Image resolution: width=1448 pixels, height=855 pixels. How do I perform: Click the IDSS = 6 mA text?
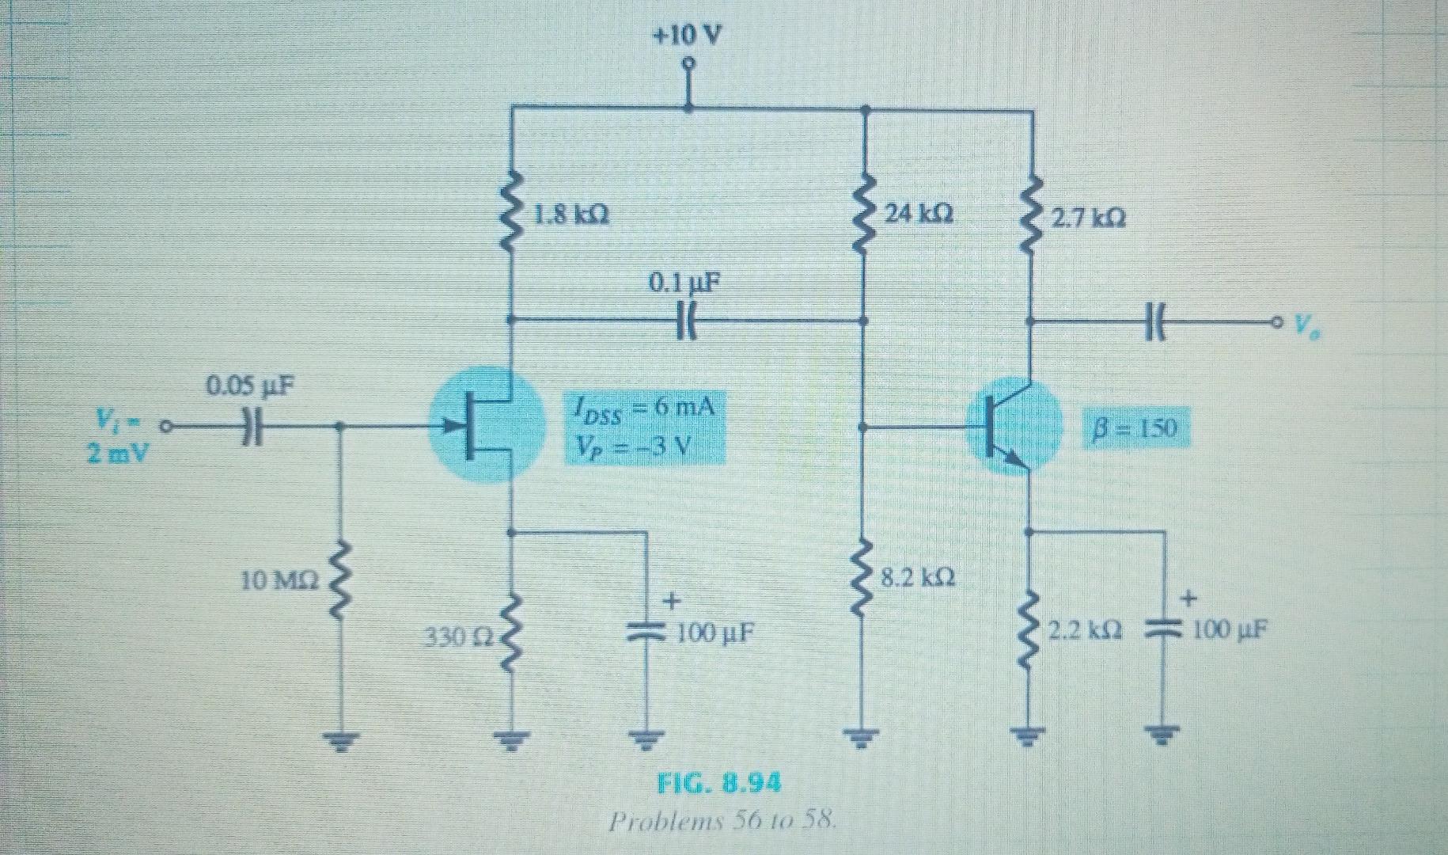[x=643, y=409]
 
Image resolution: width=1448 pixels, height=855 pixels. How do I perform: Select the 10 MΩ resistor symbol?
[x=340, y=582]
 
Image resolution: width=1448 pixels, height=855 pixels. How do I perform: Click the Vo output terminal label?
[x=1307, y=324]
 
